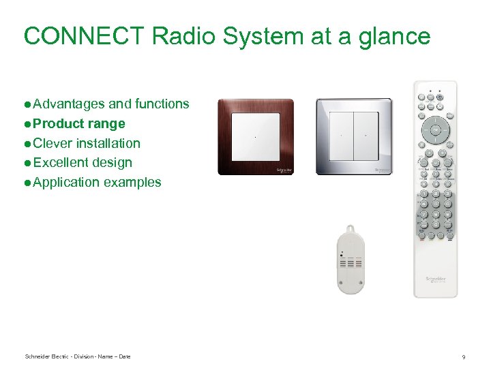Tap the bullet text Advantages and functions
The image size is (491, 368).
pyautogui.click(x=110, y=104)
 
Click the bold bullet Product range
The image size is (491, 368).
pyautogui.click(x=78, y=123)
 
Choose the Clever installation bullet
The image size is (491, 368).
pyautogui.click(x=86, y=143)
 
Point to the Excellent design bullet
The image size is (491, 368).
pyautogui.click(x=82, y=162)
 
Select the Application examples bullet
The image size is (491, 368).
pyautogui.click(x=97, y=182)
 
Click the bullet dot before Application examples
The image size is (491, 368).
pyautogui.click(x=27, y=183)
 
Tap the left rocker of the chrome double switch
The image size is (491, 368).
pyautogui.click(x=340, y=137)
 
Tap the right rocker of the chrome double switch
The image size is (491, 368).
pyautogui.click(x=366, y=137)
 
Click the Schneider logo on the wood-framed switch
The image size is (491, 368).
pyautogui.click(x=284, y=169)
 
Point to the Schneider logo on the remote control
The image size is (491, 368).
pyautogui.click(x=435, y=280)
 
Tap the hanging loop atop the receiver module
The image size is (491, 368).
pyautogui.click(x=351, y=230)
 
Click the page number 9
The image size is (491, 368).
pyautogui.click(x=464, y=357)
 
